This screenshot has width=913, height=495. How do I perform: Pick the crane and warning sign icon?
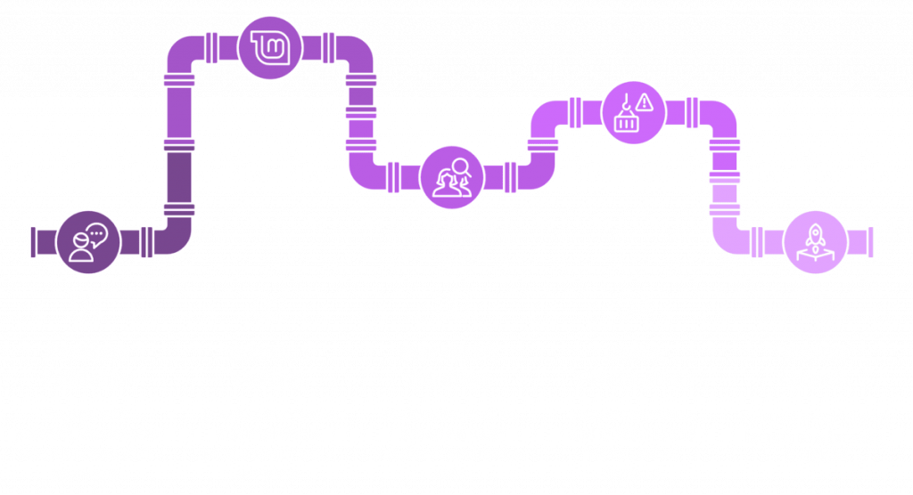point(632,111)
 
